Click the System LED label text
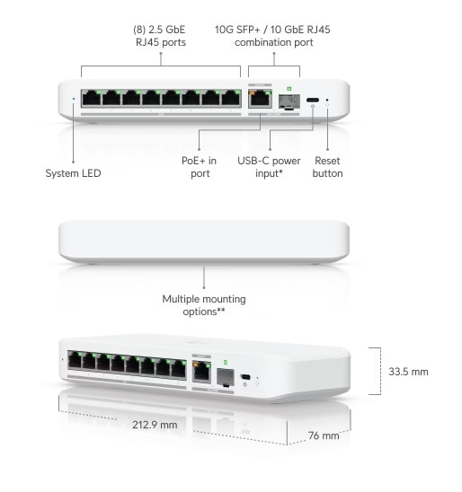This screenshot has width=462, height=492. click(73, 173)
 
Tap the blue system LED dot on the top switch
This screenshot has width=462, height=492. click(74, 99)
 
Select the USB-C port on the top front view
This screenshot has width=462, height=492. click(313, 100)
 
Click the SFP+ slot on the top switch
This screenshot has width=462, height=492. click(289, 101)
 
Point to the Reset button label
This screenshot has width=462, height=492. click(327, 167)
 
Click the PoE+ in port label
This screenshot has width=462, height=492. click(200, 167)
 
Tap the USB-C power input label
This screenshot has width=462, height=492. click(269, 167)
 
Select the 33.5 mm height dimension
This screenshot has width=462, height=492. click(408, 372)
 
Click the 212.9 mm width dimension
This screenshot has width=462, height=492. click(155, 425)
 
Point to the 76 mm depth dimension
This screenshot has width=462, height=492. click(324, 435)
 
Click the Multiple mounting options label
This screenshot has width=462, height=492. click(204, 305)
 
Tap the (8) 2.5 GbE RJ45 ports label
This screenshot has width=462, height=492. click(160, 36)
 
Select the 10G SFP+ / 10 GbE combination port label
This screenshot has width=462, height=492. click(272, 36)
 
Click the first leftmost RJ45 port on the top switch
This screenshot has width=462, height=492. click(92, 98)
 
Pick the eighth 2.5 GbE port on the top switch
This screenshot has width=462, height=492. click(231, 98)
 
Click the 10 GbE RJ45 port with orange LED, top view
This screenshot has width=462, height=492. click(260, 98)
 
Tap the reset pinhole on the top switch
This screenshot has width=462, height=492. click(327, 100)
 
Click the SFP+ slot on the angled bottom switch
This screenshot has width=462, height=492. click(226, 377)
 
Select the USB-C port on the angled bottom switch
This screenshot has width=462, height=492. click(245, 377)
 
